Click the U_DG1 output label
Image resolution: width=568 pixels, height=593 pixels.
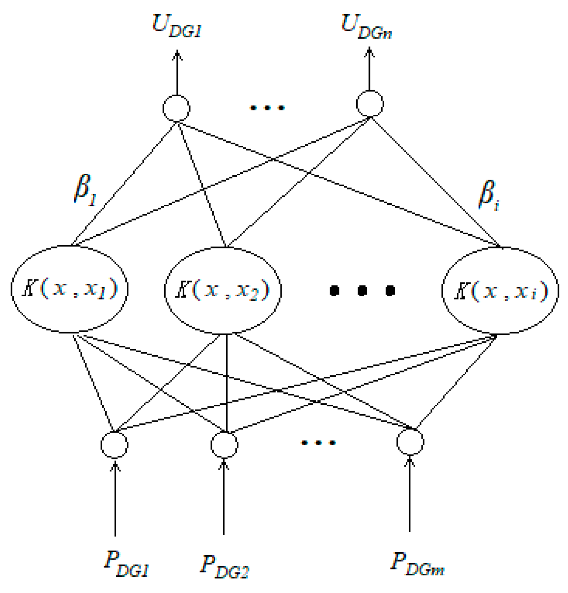click(177, 27)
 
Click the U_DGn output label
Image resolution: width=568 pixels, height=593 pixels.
click(366, 28)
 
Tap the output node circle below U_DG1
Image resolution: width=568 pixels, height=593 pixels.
click(176, 108)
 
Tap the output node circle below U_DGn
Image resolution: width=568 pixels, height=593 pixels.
click(370, 104)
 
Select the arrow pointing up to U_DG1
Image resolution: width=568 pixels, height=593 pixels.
click(177, 73)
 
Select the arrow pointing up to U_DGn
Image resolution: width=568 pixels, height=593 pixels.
click(369, 69)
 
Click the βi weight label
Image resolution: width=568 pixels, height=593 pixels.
click(488, 195)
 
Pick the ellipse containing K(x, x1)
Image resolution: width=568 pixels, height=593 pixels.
click(70, 289)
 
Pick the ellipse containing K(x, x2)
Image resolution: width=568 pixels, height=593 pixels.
click(223, 290)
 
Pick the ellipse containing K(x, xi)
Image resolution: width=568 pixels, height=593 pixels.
click(500, 291)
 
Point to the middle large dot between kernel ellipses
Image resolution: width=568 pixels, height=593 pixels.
click(362, 291)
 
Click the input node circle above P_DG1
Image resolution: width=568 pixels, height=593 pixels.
click(114, 444)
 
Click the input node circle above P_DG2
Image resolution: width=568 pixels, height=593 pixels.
click(224, 444)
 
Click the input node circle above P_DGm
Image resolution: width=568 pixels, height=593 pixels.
click(410, 442)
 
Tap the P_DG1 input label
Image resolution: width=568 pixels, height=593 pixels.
click(126, 565)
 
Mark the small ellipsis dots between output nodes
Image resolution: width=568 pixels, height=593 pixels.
click(268, 108)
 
